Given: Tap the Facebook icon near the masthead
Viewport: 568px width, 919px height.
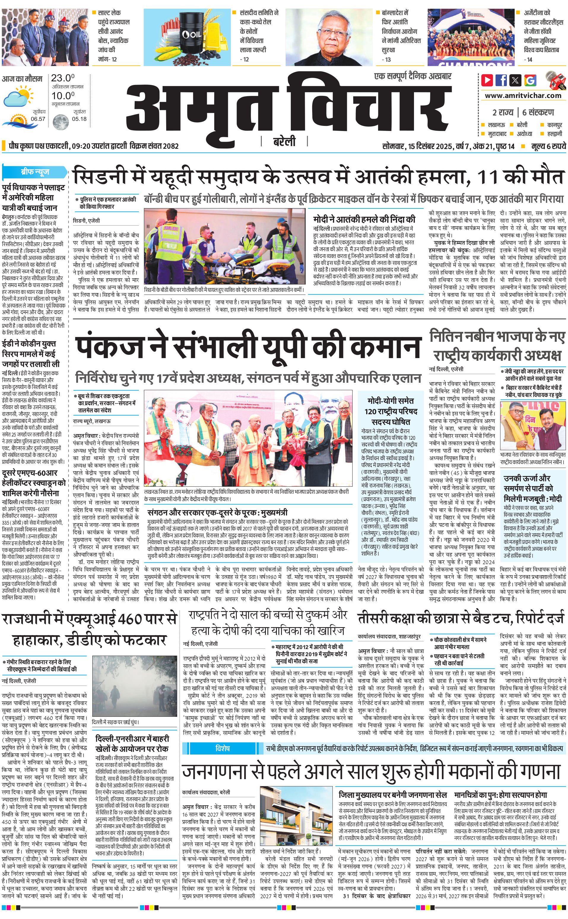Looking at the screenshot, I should click(501, 80).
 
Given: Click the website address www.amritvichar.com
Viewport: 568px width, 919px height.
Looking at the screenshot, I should click(523, 96).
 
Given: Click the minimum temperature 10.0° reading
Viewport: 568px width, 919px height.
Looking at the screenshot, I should click(63, 96).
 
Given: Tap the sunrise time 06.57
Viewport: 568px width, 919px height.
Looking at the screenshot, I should click(38, 119).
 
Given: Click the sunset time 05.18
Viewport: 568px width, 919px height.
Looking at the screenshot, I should click(79, 119).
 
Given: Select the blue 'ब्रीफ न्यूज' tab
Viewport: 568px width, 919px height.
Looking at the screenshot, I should click(34, 172).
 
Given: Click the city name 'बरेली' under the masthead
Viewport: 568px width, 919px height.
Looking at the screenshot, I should click(284, 142).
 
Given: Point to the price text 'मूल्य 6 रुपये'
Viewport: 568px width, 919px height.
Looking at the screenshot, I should click(548, 146).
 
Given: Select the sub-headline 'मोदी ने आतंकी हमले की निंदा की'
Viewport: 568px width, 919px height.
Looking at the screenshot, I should click(364, 219).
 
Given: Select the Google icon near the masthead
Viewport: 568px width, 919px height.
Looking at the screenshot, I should click(530, 80).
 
